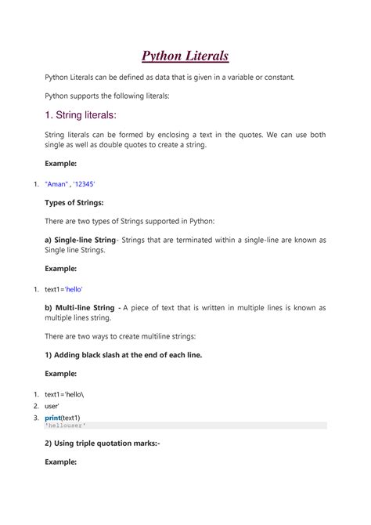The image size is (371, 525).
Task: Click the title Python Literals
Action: pyautogui.click(x=185, y=56)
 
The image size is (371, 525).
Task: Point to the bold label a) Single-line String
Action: pyautogui.click(x=80, y=240)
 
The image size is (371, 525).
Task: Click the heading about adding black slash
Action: pyautogui.click(x=123, y=355)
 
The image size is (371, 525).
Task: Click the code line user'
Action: pyautogui.click(x=53, y=406)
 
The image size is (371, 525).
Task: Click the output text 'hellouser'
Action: pyautogui.click(x=67, y=425)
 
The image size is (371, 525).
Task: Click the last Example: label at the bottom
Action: pyautogui.click(x=60, y=462)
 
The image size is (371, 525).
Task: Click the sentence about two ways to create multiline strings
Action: pyautogui.click(x=120, y=335)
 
